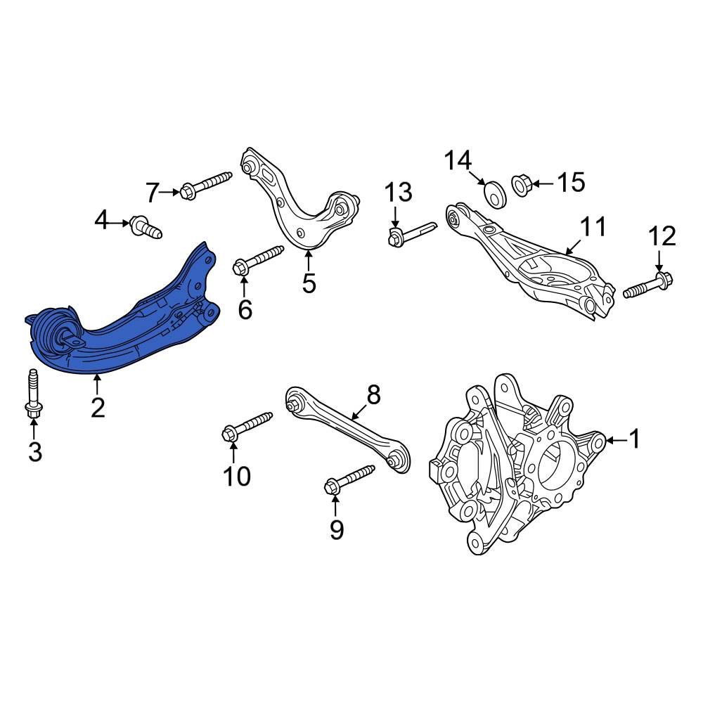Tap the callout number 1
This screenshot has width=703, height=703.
635,440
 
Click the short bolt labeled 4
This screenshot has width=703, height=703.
146,226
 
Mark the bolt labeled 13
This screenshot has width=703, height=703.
411,233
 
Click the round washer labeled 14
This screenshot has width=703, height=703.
496,194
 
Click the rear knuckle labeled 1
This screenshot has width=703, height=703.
513,464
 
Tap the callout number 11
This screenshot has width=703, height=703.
592,227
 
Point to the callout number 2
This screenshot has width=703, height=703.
98,407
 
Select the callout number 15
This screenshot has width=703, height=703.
570,183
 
